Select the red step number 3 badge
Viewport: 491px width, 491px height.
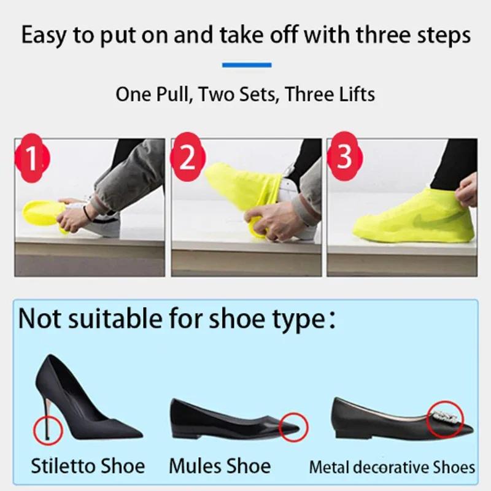click(344, 158)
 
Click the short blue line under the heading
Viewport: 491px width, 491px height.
click(246, 64)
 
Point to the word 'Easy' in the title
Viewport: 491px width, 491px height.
click(45, 35)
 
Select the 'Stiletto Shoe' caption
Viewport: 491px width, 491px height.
click(88, 466)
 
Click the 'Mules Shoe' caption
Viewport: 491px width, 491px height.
click(220, 466)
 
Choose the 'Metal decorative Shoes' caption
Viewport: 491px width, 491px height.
click(392, 466)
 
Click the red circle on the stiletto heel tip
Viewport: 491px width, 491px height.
click(47, 427)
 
